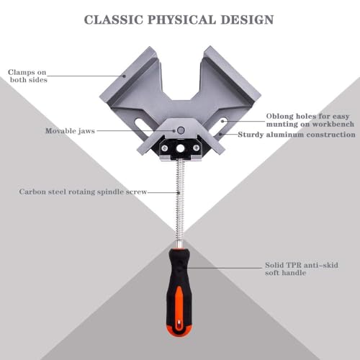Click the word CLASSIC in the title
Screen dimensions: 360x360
[x=114, y=19]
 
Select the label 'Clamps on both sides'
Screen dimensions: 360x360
[x=27, y=76]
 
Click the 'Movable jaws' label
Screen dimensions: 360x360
[x=70, y=131]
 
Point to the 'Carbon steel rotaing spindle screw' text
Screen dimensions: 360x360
[x=83, y=192]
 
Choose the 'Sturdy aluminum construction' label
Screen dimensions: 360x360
[x=297, y=135]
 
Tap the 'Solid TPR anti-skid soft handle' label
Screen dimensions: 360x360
[x=302, y=269]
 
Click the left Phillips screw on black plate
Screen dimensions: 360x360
[x=164, y=148]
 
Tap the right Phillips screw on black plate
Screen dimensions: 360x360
[x=196, y=148]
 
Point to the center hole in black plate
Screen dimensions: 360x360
[x=180, y=149]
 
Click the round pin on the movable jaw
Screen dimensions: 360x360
[x=181, y=130]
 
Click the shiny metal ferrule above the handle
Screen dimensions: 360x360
[x=180, y=245]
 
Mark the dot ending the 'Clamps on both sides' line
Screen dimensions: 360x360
[x=125, y=76]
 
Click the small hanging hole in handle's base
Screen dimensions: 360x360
[x=179, y=325]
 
